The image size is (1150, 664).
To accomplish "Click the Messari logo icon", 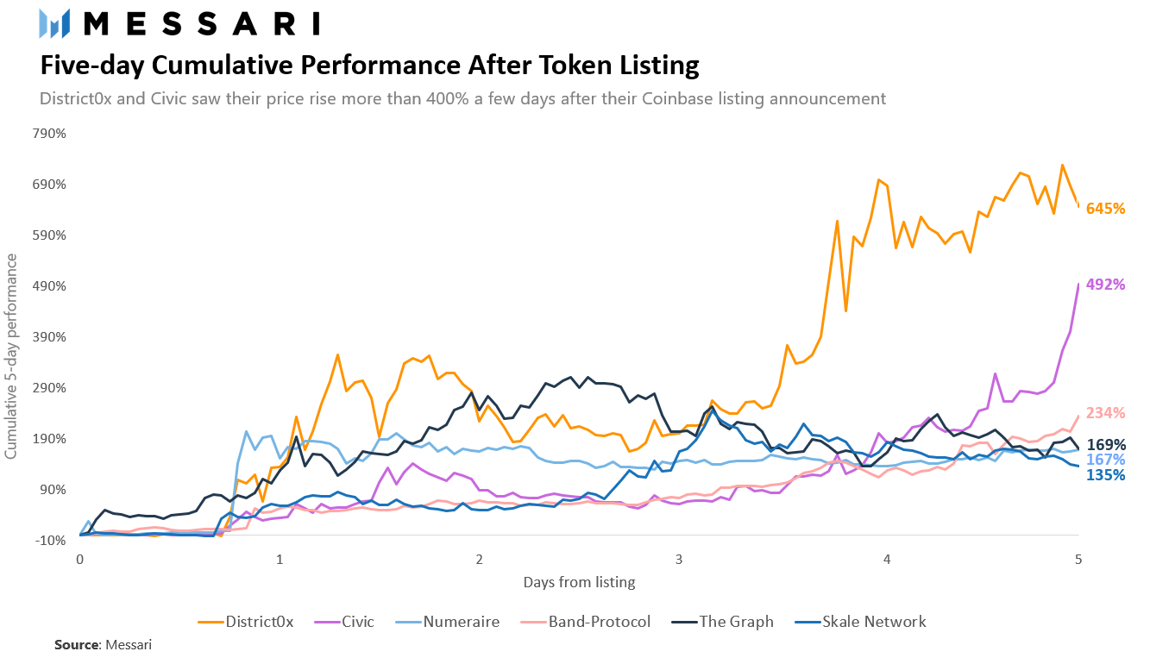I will (x=54, y=24).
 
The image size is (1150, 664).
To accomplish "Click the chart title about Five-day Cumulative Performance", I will (x=369, y=66).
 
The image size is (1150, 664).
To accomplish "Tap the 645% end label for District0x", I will (x=1105, y=209).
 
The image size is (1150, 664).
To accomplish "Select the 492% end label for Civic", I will (x=1105, y=284).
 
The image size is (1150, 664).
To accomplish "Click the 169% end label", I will (x=1105, y=444).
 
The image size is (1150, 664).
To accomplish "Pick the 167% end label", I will (x=1105, y=460).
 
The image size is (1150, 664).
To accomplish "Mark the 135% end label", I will (x=1105, y=475).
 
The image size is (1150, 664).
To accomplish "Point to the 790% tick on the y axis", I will (x=49, y=134).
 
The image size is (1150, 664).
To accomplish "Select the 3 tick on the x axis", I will (x=679, y=559).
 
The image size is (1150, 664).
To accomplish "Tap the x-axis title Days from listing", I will (x=579, y=582).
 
